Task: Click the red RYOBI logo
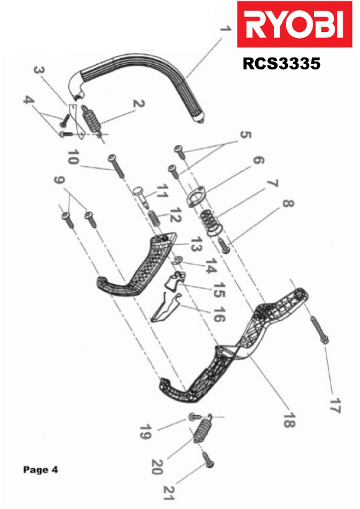point(294,24)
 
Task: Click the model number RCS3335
point(281,63)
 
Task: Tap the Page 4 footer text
point(40,470)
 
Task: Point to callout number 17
point(335,405)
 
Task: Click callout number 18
point(289,420)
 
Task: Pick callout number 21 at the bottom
point(169,492)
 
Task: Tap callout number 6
point(258,160)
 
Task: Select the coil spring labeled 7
point(211,222)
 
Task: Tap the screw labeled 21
point(208,460)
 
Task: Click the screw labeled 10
point(116,166)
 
